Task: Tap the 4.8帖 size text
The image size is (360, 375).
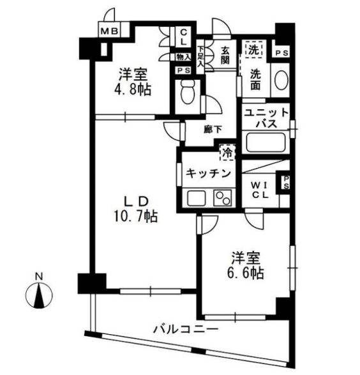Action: pyautogui.click(x=133, y=90)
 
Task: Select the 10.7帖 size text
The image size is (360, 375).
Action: pyautogui.click(x=136, y=216)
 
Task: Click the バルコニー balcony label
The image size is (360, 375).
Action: pyautogui.click(x=186, y=330)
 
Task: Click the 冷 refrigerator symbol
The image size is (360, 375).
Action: pyautogui.click(x=227, y=153)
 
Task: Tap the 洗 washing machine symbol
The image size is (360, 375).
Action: pyautogui.click(x=253, y=49)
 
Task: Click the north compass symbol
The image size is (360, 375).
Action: pyautogui.click(x=40, y=295)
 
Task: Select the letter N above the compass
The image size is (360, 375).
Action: pyautogui.click(x=39, y=277)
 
